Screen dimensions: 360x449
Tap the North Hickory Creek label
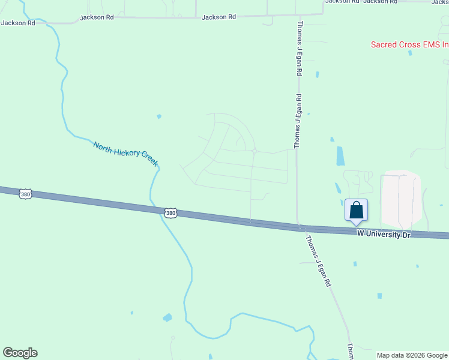[125, 154]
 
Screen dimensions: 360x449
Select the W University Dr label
[383, 235]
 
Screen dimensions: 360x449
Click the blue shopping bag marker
[356, 211]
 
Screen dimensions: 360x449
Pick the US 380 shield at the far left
[25, 194]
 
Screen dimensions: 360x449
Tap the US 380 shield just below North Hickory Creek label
[171, 213]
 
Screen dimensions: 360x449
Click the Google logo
[20, 353]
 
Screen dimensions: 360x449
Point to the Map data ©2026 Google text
[412, 355]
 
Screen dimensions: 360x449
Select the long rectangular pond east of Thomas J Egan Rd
[341, 156]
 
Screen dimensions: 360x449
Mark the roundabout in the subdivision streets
[255, 152]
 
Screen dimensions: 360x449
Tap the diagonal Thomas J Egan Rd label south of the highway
[318, 260]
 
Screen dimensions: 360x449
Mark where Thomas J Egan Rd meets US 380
[298, 227]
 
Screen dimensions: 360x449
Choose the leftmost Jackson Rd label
[18, 23]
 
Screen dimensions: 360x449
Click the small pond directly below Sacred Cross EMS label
[410, 53]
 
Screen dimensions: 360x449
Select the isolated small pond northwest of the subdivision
[158, 116]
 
